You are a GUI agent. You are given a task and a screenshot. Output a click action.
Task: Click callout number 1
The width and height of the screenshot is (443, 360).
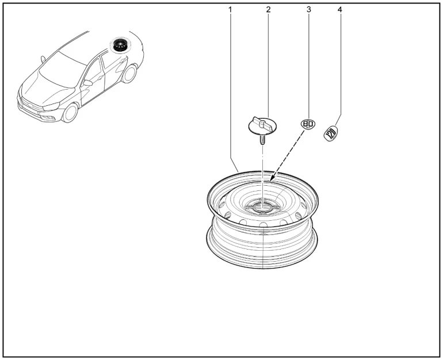pos(230,10)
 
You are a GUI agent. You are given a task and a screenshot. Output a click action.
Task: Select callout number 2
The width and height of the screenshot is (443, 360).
pos(268,10)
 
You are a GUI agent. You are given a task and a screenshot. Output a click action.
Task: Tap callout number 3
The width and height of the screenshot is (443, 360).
pos(308,10)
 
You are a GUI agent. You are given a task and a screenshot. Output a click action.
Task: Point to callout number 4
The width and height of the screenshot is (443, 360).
pos(339,10)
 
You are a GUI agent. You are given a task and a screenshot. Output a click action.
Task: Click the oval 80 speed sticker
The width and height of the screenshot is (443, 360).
pos(308,124)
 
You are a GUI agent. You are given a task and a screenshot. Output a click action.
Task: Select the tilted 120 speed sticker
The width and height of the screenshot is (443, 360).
pos(331,133)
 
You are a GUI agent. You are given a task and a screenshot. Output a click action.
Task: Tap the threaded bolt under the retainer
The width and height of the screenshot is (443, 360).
pos(262,140)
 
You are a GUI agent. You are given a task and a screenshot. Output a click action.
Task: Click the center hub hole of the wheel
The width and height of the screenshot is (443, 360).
pos(262,208)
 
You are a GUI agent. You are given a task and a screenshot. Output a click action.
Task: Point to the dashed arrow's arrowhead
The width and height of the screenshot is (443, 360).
pos(272,178)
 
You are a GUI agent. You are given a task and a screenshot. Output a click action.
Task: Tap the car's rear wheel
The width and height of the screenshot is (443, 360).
pos(129,74)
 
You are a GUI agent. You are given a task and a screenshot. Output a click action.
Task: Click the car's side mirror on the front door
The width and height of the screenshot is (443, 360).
pos(87,83)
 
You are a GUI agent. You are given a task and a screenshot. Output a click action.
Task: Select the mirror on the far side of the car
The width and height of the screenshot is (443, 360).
pos(43,59)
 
